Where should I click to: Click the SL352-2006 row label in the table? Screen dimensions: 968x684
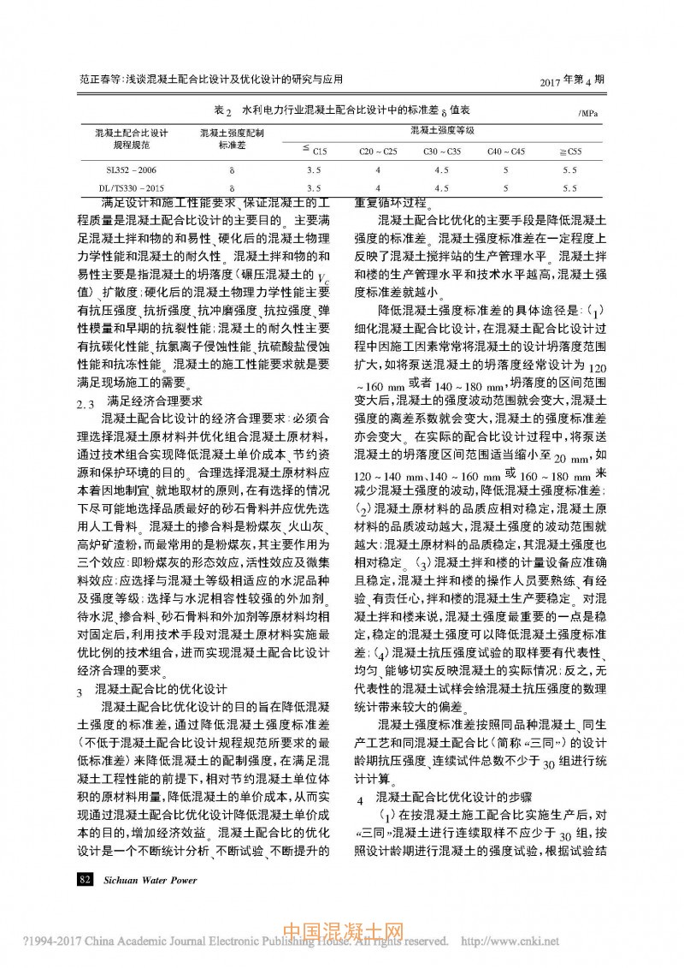pyautogui.click(x=127, y=170)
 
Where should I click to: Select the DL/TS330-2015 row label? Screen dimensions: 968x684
pyautogui.click(x=127, y=187)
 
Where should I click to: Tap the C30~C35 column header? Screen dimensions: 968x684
pyautogui.click(x=441, y=151)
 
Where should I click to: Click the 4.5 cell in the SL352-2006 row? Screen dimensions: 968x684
pyautogui.click(x=441, y=170)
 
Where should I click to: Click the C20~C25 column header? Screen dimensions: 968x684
pyautogui.click(x=378, y=151)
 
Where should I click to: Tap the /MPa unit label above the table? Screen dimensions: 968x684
pyautogui.click(x=588, y=113)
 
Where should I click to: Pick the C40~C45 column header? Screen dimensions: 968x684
pyautogui.click(x=506, y=151)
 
